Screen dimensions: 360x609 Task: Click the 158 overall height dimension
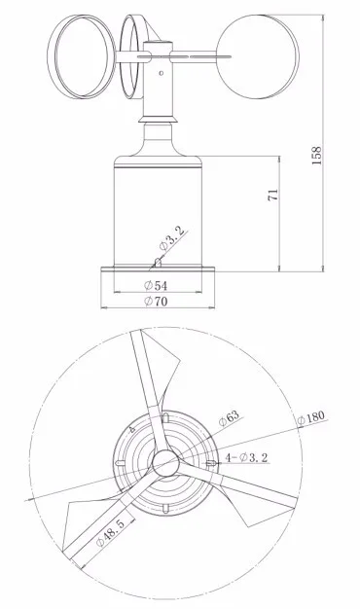tap(317, 156)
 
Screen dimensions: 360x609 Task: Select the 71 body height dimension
tap(273, 195)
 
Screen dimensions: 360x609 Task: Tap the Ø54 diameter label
tap(156, 286)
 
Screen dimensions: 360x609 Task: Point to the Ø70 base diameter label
tap(156, 302)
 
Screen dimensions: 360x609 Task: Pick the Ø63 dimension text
tap(229, 418)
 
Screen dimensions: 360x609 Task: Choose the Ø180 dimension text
tap(310, 418)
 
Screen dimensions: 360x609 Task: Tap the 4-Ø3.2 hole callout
tap(246, 457)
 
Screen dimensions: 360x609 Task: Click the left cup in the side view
tap(82, 56)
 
